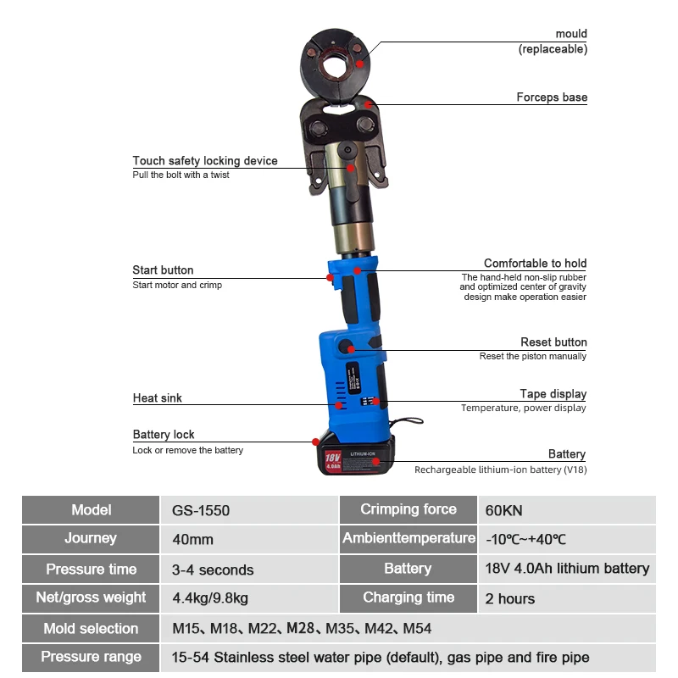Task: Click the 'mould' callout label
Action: click(x=570, y=34)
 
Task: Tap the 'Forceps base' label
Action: click(x=552, y=97)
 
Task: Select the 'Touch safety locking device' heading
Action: click(x=205, y=161)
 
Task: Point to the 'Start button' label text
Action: click(x=163, y=270)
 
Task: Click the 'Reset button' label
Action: click(x=553, y=342)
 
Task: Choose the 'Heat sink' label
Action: click(x=157, y=397)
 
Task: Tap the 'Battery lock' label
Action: click(x=164, y=435)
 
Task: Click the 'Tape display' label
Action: click(x=553, y=394)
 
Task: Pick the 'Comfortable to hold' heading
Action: click(x=535, y=264)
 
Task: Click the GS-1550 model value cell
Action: click(x=202, y=511)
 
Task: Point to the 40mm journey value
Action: click(x=192, y=540)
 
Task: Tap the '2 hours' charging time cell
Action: click(x=510, y=599)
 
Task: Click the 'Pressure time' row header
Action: click(x=91, y=570)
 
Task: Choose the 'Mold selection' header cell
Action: click(x=91, y=629)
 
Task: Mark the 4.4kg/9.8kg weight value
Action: click(x=210, y=599)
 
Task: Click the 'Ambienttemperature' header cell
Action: click(x=408, y=539)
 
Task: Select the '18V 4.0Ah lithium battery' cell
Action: click(x=567, y=569)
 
